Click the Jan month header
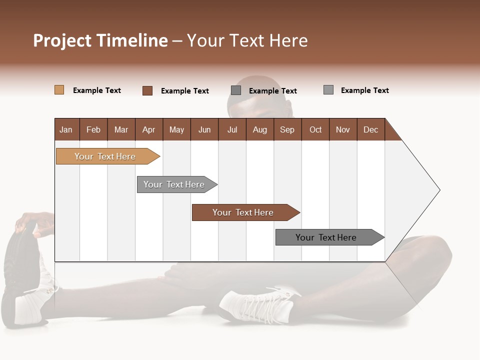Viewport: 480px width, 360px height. point(66,129)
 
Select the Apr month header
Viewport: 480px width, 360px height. point(148,129)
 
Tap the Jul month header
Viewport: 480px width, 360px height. point(232,129)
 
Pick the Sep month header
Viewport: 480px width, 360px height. point(287,129)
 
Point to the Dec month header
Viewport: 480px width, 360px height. point(370,129)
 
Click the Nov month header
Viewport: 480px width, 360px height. point(342,129)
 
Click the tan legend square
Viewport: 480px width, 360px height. point(59,90)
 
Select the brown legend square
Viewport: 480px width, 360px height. point(147,90)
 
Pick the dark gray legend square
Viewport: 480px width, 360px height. point(236,90)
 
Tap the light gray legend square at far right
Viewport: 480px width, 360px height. point(328,90)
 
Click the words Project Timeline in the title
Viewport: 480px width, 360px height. point(100,40)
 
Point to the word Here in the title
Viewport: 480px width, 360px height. point(288,40)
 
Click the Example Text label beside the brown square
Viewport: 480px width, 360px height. point(184,91)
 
